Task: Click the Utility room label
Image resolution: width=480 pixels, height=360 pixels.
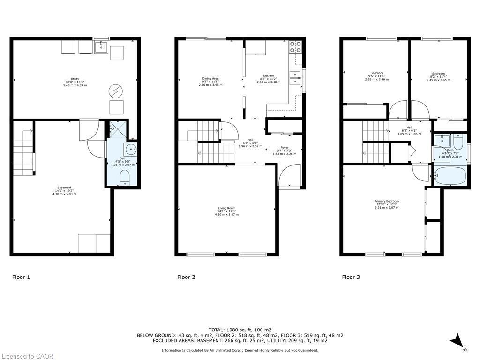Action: pyautogui.click(x=75, y=82)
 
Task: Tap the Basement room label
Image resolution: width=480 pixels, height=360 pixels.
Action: pyautogui.click(x=64, y=190)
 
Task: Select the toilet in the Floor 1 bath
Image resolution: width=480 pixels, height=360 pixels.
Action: pyautogui.click(x=124, y=178)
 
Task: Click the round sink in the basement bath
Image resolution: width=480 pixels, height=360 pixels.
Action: pyautogui.click(x=131, y=150)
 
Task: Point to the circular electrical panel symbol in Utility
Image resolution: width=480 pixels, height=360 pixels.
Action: pyautogui.click(x=115, y=90)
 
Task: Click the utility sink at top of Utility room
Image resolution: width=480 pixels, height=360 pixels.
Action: pyautogui.click(x=101, y=47)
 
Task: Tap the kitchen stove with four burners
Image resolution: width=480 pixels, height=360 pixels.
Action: pyautogui.click(x=295, y=46)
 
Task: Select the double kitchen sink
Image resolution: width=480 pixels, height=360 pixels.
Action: pyautogui.click(x=295, y=78)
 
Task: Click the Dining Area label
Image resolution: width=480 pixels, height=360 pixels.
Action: pyautogui.click(x=210, y=82)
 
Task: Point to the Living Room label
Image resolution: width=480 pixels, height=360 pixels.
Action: pyautogui.click(x=226, y=211)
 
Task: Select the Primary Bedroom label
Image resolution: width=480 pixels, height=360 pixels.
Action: pyautogui.click(x=386, y=204)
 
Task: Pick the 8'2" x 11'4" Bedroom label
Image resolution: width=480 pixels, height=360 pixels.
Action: pyautogui.click(x=438, y=76)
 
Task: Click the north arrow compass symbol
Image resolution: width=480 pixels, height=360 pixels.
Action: pyautogui.click(x=458, y=341)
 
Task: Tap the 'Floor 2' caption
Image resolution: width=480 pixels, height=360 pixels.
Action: pyautogui.click(x=186, y=277)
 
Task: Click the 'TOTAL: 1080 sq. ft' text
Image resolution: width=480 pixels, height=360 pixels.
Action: pyautogui.click(x=240, y=330)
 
